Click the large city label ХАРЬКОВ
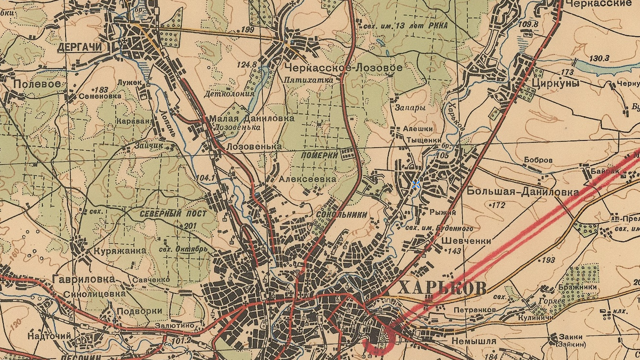coord(442,288)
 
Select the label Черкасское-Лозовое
coord(343,68)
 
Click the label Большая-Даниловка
coord(523,191)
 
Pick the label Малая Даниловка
coord(252,118)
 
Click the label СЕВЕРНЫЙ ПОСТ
coord(173,214)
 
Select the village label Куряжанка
coord(120,251)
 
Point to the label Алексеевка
coord(308,179)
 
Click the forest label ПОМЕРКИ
coord(320,155)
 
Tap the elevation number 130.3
coord(600,58)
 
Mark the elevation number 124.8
coord(247,65)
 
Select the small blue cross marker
coord(416,184)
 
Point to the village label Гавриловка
coord(84,279)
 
